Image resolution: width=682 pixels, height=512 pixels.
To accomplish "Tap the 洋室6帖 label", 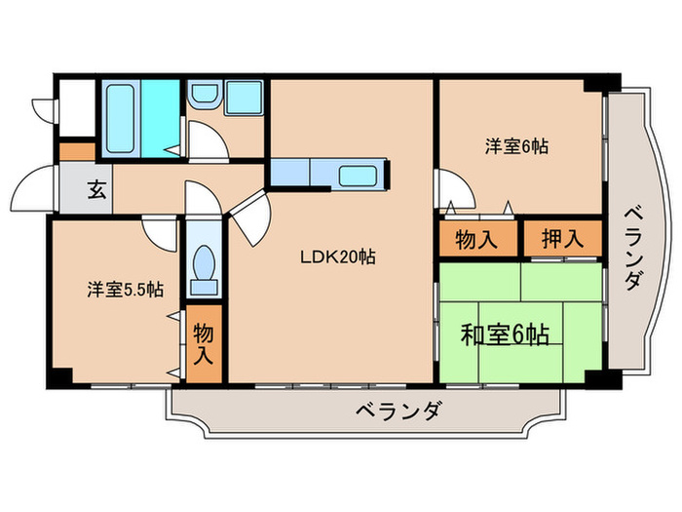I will click(x=516, y=147).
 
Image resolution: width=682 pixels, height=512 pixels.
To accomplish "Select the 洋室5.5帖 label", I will click(x=125, y=290).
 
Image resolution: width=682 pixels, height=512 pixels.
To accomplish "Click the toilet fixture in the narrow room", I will click(x=204, y=265).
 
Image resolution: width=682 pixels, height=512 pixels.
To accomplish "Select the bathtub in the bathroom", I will click(x=122, y=117).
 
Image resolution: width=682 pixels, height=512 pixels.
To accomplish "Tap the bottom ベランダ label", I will click(x=397, y=410).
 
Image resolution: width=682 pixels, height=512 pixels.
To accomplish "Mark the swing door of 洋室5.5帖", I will click(x=159, y=230).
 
